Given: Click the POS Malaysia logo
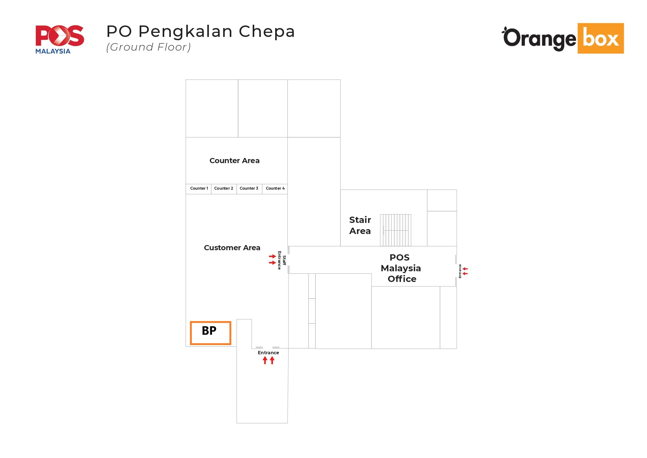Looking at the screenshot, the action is (x=60, y=39).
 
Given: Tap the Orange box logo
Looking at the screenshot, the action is (x=563, y=38).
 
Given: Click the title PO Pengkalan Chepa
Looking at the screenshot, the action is (x=201, y=32).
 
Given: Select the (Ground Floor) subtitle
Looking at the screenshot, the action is (x=148, y=47).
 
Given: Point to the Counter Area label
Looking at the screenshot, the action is (x=235, y=161).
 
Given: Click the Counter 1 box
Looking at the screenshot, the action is (x=198, y=189).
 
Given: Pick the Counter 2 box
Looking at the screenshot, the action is (x=224, y=189).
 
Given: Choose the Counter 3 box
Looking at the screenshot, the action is (x=249, y=189).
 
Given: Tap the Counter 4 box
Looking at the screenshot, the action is (x=275, y=189).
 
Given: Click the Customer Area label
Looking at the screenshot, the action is (x=232, y=248).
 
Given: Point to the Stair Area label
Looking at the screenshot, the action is (x=360, y=225).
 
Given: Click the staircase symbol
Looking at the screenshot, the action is (x=396, y=230).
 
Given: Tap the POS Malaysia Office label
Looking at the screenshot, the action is (x=401, y=268).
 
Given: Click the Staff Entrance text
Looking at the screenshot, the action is (x=282, y=260).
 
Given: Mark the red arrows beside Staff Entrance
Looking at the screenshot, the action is (x=273, y=259).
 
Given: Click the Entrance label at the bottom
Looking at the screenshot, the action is (x=269, y=353).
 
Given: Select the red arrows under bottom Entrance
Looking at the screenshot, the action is (x=269, y=360).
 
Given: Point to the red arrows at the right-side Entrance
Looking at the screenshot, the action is (x=465, y=271).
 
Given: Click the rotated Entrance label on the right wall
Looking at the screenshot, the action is (x=460, y=271).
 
